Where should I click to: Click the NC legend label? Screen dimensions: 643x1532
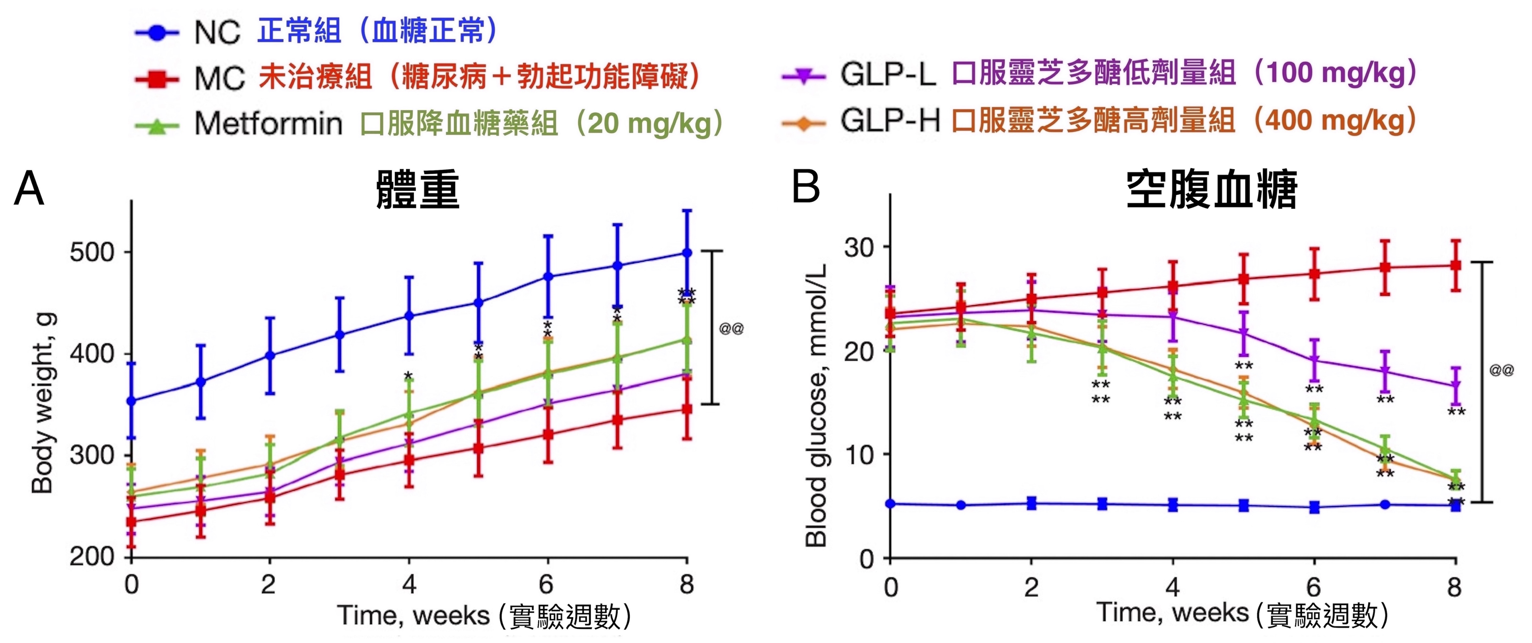pyautogui.click(x=217, y=32)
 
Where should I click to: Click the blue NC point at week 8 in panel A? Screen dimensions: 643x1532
pyautogui.click(x=687, y=253)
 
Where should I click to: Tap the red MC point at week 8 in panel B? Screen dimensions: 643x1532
pyautogui.click(x=1455, y=265)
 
